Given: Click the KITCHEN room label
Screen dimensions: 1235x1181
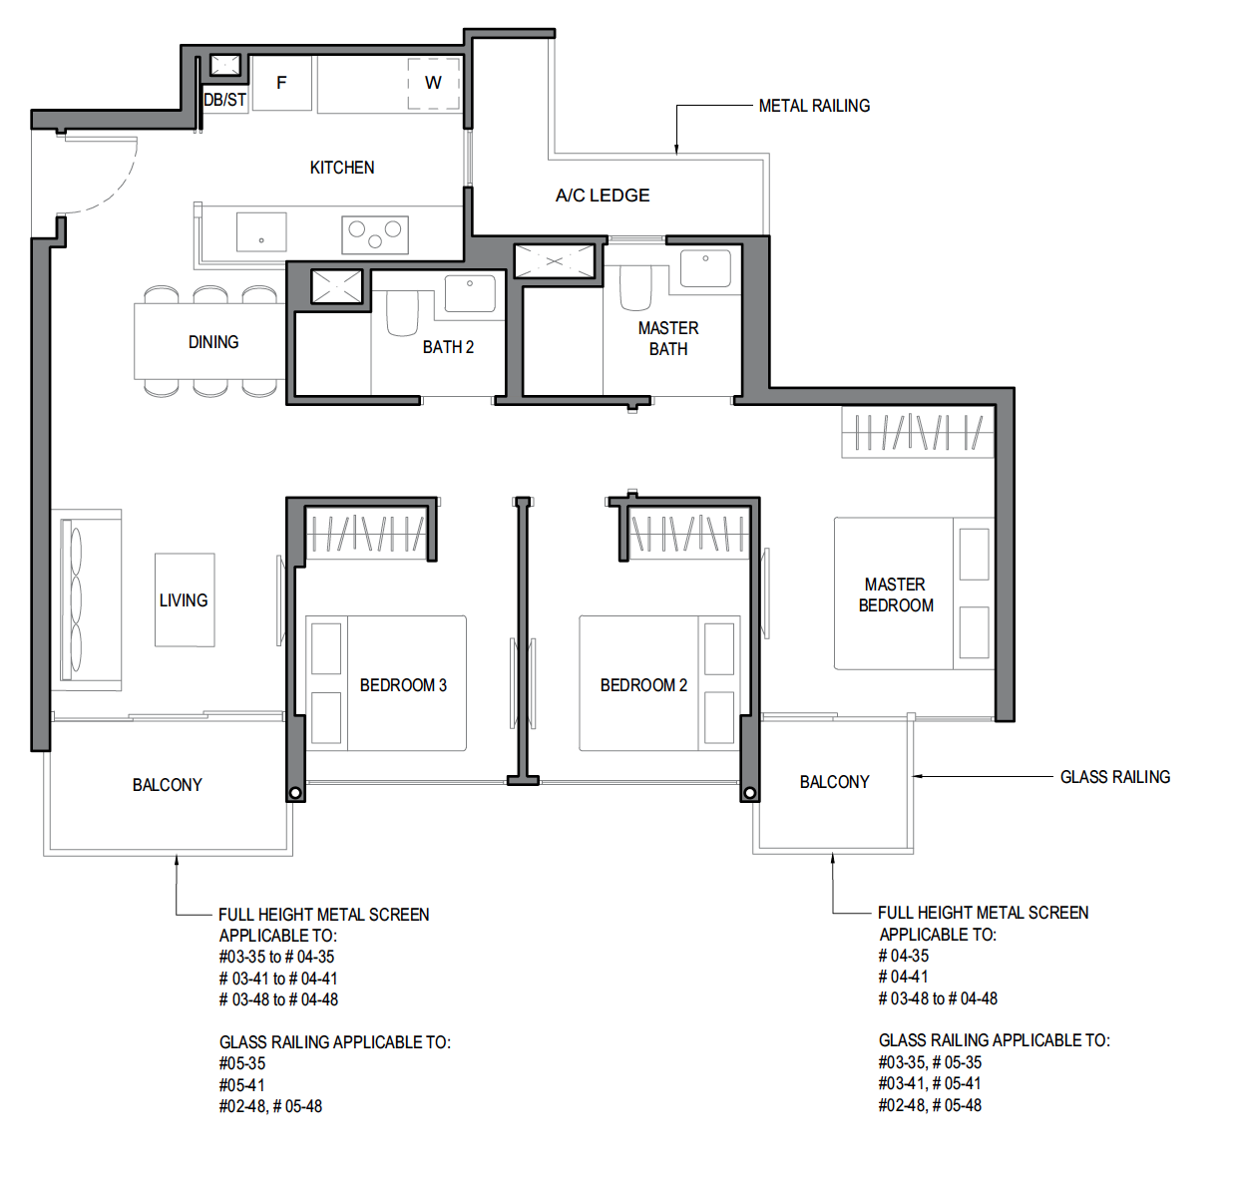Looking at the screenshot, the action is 342,168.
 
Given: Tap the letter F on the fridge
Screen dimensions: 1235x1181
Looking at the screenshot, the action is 281,83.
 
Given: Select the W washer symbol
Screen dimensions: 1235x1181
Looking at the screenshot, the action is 434,83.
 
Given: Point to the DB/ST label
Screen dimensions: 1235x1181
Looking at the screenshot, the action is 224,100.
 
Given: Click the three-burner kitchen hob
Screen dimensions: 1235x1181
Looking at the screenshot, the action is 375,234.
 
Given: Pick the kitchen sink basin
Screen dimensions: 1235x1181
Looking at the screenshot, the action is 261,232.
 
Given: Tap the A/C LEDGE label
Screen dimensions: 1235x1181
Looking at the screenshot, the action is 603,196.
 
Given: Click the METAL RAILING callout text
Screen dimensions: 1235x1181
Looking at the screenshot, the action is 814,106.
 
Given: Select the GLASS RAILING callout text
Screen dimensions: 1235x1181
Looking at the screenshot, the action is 1115,777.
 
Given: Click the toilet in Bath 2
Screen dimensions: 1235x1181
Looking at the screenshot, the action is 402,313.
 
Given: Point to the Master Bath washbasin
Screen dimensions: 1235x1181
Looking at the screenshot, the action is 705,267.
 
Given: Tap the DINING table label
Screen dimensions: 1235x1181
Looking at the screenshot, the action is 213,342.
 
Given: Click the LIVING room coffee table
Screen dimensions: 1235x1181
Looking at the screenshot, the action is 185,599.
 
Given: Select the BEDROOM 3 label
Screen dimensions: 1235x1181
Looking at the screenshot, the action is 403,685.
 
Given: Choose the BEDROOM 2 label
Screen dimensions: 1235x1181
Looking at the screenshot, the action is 643,685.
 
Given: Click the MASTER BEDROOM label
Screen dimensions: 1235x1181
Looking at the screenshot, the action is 896,594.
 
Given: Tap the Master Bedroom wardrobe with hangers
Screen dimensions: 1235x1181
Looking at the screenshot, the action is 918,432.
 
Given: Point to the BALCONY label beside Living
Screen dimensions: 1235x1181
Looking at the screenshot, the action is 167,785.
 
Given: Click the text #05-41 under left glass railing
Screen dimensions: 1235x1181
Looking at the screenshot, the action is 241,1085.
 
